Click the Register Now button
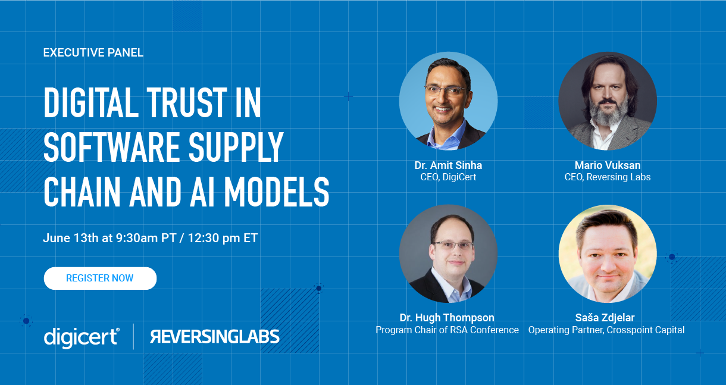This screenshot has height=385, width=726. (100, 278)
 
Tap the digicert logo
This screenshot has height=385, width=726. (82, 337)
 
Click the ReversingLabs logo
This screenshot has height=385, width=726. (215, 336)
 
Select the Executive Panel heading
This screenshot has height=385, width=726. (93, 52)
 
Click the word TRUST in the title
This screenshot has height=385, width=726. (187, 102)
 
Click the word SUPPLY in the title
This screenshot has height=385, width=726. (236, 148)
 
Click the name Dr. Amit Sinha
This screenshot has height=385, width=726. (448, 165)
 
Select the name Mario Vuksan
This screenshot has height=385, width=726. (608, 165)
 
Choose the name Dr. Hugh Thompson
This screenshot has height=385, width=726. (447, 318)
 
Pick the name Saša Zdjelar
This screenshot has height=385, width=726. (605, 318)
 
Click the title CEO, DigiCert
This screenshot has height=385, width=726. (448, 177)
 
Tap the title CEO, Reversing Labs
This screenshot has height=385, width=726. (608, 177)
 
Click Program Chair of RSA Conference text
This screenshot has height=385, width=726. (448, 330)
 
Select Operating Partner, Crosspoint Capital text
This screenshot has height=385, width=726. (606, 330)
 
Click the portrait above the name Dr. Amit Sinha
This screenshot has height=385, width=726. (448, 101)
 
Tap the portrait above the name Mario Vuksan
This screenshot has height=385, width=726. (608, 101)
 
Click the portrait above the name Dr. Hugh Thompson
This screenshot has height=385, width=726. (448, 253)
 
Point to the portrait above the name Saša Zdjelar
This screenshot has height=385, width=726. (608, 253)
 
